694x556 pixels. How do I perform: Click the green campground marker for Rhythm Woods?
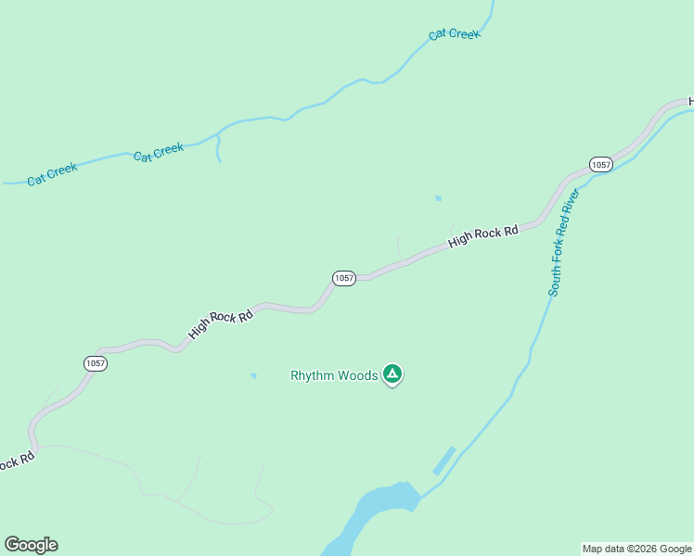(x=392, y=374)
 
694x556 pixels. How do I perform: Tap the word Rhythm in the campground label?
(x=313, y=375)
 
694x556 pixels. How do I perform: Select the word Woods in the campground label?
(x=357, y=375)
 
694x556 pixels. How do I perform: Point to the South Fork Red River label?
(x=563, y=242)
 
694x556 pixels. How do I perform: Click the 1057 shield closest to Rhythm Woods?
(x=343, y=278)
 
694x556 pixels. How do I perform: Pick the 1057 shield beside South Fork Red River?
(x=601, y=165)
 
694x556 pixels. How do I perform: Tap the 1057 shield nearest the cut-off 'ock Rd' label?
(x=96, y=363)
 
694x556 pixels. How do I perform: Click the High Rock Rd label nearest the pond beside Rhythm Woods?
(x=221, y=322)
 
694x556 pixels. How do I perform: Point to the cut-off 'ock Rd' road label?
(x=16, y=461)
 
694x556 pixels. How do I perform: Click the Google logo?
(x=31, y=545)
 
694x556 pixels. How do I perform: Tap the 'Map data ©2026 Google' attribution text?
(x=637, y=549)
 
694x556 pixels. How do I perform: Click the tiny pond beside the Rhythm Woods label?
(x=253, y=376)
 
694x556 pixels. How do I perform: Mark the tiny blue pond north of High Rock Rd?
(x=438, y=198)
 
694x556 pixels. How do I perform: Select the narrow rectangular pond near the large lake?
(x=444, y=461)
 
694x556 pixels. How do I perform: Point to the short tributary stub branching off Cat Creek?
(x=218, y=148)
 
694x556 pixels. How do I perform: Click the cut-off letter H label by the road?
(x=690, y=101)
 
